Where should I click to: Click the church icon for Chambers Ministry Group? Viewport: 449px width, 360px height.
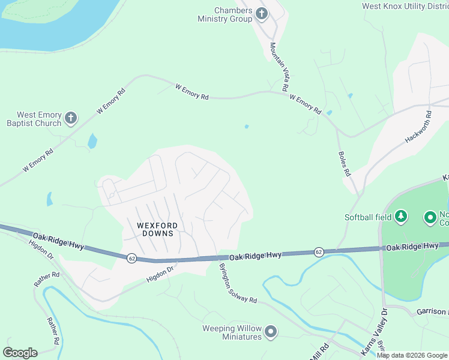tap(261, 13)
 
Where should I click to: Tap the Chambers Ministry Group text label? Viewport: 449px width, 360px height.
tap(225, 14)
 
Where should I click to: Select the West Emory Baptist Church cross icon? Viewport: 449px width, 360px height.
tap(71, 118)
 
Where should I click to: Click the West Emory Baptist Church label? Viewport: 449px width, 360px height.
tap(38, 119)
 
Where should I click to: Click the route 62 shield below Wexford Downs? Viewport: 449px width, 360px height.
tap(131, 258)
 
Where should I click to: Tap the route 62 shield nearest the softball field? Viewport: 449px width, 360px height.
tap(319, 252)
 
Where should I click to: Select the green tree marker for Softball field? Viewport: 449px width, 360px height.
tap(401, 217)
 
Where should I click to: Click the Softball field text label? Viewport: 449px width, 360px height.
tap(367, 217)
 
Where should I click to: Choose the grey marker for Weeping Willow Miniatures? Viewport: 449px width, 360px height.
tap(271, 331)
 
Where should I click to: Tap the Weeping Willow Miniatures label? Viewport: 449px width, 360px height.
tap(232, 332)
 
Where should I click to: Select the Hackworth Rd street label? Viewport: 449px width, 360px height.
tap(418, 126)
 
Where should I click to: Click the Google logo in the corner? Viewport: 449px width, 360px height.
tap(20, 353)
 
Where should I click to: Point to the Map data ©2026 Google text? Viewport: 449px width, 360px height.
tap(412, 355)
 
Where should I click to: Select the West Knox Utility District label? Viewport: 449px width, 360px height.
tap(405, 6)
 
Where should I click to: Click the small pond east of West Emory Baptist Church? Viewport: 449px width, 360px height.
tap(92, 141)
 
